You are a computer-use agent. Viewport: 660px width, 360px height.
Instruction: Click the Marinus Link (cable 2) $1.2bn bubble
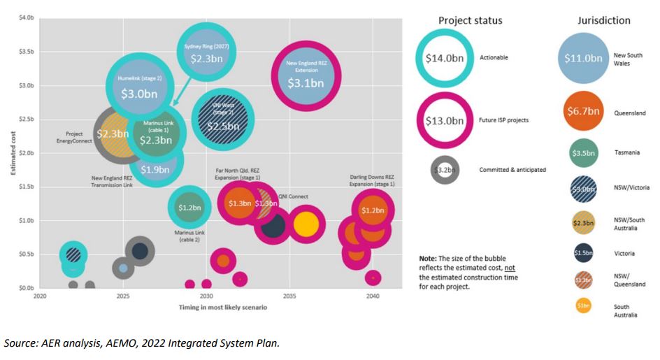(x=189, y=207)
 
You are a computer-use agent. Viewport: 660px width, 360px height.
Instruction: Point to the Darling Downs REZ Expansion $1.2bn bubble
(x=373, y=210)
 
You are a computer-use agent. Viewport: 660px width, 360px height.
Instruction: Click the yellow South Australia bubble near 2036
(x=306, y=224)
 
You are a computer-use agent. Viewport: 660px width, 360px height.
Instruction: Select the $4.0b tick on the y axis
(x=25, y=18)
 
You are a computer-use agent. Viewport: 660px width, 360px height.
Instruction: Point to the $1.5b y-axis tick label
(x=25, y=187)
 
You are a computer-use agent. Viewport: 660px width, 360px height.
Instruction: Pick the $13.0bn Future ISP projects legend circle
(x=445, y=120)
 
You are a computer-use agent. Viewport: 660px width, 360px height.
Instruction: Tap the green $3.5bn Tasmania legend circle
(x=583, y=153)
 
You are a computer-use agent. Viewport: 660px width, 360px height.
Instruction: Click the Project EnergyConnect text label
(x=73, y=137)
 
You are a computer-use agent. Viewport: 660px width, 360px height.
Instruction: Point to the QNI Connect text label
(x=293, y=196)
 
